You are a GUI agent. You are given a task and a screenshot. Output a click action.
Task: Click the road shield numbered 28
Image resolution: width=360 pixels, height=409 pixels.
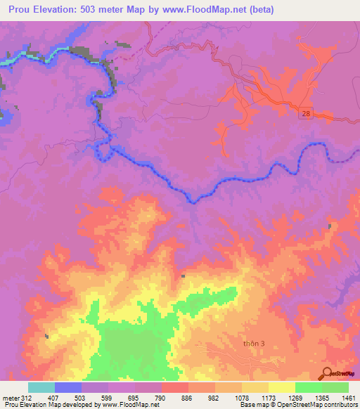(x=304, y=113)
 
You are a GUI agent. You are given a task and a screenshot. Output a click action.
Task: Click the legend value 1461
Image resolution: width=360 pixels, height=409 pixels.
(x=340, y=398)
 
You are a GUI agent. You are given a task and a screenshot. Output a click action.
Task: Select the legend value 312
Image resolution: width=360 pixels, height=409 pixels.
(x=25, y=398)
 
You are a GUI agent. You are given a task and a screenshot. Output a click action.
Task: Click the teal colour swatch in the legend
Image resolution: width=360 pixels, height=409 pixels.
(x=41, y=387)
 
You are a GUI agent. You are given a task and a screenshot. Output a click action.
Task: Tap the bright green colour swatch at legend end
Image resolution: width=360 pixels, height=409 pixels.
(x=335, y=387)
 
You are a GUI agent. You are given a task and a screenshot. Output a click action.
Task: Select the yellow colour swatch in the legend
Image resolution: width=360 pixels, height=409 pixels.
(x=282, y=387)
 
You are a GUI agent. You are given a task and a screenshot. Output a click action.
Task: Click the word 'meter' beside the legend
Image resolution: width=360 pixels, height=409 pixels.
(x=10, y=398)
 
